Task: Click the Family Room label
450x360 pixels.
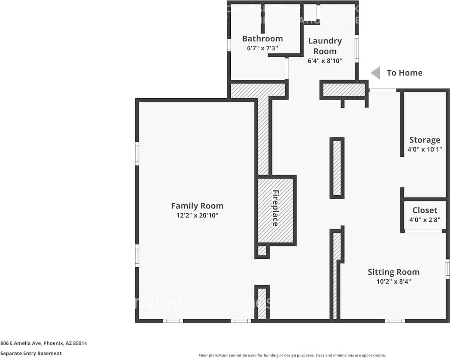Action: coord(197,206)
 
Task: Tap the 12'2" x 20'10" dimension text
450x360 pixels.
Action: coord(197,215)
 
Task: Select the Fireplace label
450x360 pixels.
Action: coord(276,208)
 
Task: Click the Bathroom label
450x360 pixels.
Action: coord(262,39)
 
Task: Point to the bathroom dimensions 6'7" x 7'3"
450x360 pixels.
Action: coord(262,48)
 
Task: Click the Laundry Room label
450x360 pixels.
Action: coord(325,46)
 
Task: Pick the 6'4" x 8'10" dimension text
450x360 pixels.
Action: coord(325,61)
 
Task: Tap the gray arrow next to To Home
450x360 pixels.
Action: coord(375,73)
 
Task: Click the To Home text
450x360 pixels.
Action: coord(404,73)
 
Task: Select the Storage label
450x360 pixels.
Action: coord(425,140)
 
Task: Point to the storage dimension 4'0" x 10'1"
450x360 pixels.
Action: coord(425,149)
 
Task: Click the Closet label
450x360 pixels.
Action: coord(425,210)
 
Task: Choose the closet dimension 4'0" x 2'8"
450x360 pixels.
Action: coord(425,220)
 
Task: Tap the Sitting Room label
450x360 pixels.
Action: coord(393,272)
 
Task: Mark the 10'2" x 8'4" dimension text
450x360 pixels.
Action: coord(393,282)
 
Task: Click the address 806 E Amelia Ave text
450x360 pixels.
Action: coord(44,343)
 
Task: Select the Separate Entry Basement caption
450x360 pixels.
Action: coord(31,353)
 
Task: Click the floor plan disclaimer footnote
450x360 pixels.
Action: coord(292,355)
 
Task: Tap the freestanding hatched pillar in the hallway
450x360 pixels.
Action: coord(337,168)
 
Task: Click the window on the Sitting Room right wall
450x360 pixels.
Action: coord(448,269)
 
